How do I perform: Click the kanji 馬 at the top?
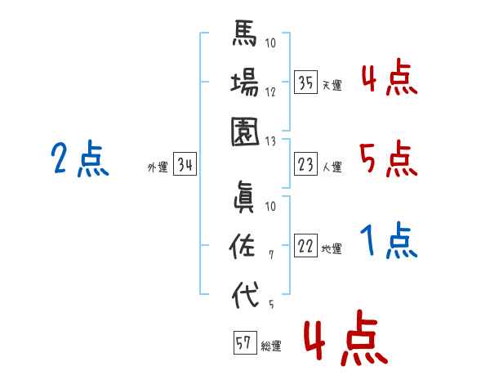[245, 33]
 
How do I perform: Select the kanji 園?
[245, 132]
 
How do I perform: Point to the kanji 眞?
[244, 198]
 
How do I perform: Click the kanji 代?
[245, 295]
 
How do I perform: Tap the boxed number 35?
[305, 83]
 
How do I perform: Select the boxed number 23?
[305, 164]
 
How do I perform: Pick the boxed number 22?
[305, 245]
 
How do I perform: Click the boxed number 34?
[185, 164]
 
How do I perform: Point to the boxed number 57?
[245, 342]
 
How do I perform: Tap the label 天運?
[332, 85]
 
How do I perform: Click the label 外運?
[158, 167]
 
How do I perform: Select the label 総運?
[271, 346]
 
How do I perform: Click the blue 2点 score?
[80, 158]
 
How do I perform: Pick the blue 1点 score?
[389, 240]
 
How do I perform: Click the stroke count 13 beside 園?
[270, 141]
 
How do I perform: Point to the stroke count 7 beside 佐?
[271, 255]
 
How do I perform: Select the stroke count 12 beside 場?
[270, 92]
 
